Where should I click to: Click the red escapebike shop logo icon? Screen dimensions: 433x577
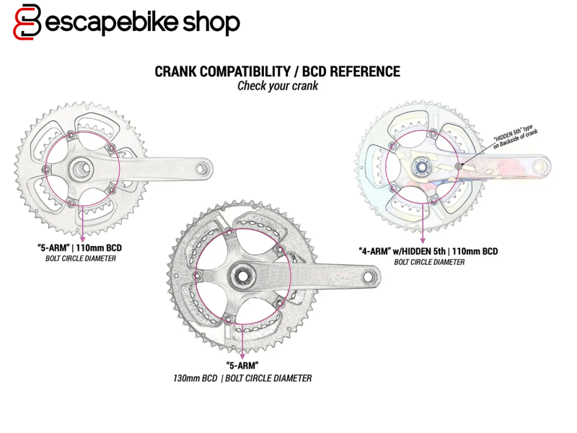(x=28, y=22)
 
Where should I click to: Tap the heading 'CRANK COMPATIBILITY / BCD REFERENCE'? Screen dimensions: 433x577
(x=278, y=71)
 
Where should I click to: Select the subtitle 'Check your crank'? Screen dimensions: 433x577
(x=278, y=86)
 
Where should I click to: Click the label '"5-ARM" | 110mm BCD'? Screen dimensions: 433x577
(x=80, y=248)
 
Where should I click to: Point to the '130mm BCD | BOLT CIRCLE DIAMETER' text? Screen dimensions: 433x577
(x=242, y=378)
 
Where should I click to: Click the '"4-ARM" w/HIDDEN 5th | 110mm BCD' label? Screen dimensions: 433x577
(x=428, y=252)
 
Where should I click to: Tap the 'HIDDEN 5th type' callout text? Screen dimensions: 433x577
(x=515, y=136)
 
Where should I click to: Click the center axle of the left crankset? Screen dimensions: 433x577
(x=81, y=169)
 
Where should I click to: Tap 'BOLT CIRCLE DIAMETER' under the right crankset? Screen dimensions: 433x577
(x=430, y=262)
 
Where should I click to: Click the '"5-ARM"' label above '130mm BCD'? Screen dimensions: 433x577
(x=242, y=366)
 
